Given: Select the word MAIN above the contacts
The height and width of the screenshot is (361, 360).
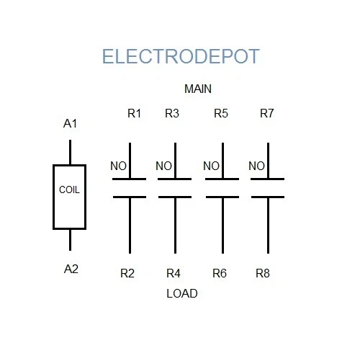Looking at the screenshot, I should pyautogui.click(x=198, y=89).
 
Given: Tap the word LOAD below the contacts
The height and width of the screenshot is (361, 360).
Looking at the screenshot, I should pyautogui.click(x=181, y=293).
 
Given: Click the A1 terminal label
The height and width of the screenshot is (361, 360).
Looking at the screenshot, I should pyautogui.click(x=71, y=124).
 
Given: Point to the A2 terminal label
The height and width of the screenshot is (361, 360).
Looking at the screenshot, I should pyautogui.click(x=71, y=269).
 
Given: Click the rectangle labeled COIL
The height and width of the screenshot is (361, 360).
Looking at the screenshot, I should pyautogui.click(x=69, y=197).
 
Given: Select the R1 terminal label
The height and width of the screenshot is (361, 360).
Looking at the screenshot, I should pyautogui.click(x=135, y=113).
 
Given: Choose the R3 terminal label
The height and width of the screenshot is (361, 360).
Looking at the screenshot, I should pyautogui.click(x=172, y=113).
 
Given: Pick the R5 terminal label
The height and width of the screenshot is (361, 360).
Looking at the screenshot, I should pyautogui.click(x=221, y=113).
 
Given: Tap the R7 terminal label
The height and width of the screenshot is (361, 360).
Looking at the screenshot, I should pyautogui.click(x=266, y=113).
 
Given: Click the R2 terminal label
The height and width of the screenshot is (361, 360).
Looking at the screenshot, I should pyautogui.click(x=127, y=273).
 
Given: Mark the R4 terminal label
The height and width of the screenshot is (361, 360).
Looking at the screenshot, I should pyautogui.click(x=174, y=273).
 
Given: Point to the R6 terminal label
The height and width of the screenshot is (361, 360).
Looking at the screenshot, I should pyautogui.click(x=220, y=273).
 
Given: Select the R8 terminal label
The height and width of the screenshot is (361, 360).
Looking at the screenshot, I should pyautogui.click(x=264, y=273).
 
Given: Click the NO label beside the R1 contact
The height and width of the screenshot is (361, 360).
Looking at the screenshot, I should pyautogui.click(x=118, y=166).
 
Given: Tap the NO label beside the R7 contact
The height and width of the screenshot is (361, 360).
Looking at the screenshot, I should pyautogui.click(x=257, y=166).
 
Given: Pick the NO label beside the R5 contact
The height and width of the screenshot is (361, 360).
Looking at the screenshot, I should pyautogui.click(x=211, y=166).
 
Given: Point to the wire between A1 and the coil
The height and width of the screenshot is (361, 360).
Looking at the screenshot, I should pyautogui.click(x=70, y=153).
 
